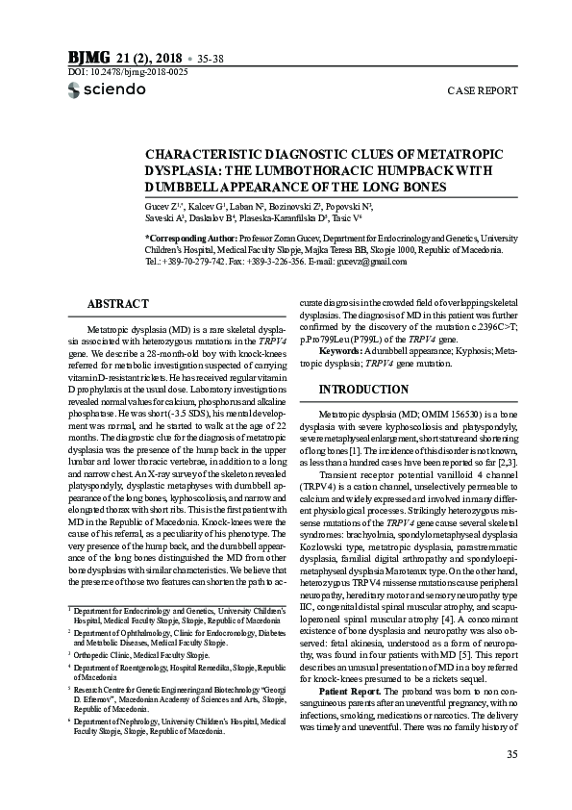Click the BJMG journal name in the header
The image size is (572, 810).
coord(88,55)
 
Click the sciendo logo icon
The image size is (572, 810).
coord(76,90)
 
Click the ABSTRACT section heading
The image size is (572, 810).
coord(117,304)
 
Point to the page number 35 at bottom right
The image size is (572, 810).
coord(511,781)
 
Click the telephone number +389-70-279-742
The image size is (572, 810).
coord(196,262)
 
